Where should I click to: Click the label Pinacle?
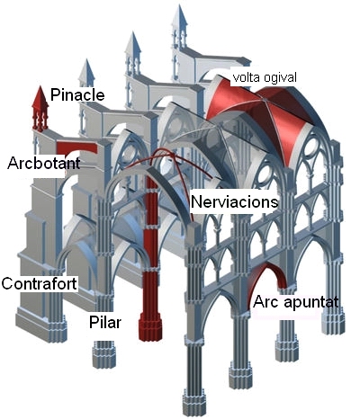coord(77,94)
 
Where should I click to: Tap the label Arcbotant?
coord(44,163)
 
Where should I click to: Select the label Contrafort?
coord(39,283)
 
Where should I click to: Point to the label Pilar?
coord(105,323)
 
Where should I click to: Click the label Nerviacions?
coord(234,201)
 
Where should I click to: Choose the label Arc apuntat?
coord(296,302)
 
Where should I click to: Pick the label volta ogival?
coord(265,77)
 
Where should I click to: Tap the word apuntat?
coord(311,303)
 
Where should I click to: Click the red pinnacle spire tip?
coord(40,87)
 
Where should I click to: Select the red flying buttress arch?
coord(76,147)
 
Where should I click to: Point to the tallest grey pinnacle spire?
coord(180,15)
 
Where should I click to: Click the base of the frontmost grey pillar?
coord(194,402)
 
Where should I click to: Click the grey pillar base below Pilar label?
coord(104,354)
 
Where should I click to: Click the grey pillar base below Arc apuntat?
coord(286,349)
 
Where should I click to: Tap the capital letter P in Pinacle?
coord(55,94)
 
